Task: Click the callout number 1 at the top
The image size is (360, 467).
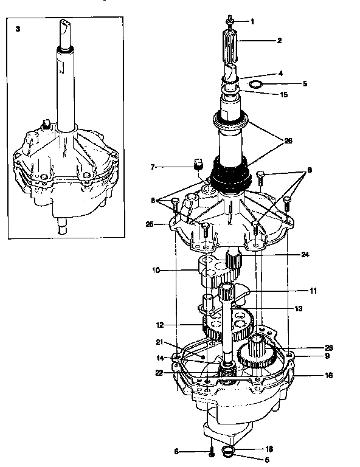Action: (252, 21)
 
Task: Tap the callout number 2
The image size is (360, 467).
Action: (279, 42)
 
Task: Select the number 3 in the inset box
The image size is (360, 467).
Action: (18, 29)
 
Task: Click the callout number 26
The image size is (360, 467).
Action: (288, 140)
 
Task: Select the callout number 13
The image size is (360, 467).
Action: (299, 309)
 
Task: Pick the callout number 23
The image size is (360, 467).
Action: (329, 348)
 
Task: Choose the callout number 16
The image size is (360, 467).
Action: (329, 376)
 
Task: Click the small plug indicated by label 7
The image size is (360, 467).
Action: (196, 164)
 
